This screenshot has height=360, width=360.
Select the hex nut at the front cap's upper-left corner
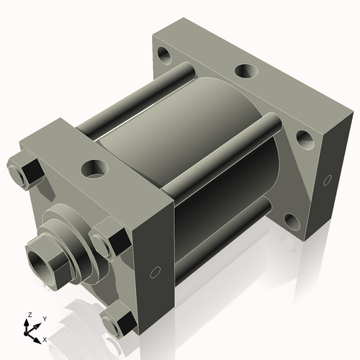tap(27, 171)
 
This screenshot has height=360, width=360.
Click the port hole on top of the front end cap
tap(94, 168)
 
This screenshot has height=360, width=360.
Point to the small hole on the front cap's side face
tap(154, 273)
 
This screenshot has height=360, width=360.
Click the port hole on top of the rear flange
tap(246, 71)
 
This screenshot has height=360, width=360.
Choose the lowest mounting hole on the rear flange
tap(291, 220)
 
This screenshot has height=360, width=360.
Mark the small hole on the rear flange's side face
tap(328, 178)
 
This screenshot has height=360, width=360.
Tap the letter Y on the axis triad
tap(44, 318)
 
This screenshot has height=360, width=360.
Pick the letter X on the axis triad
tap(45, 338)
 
